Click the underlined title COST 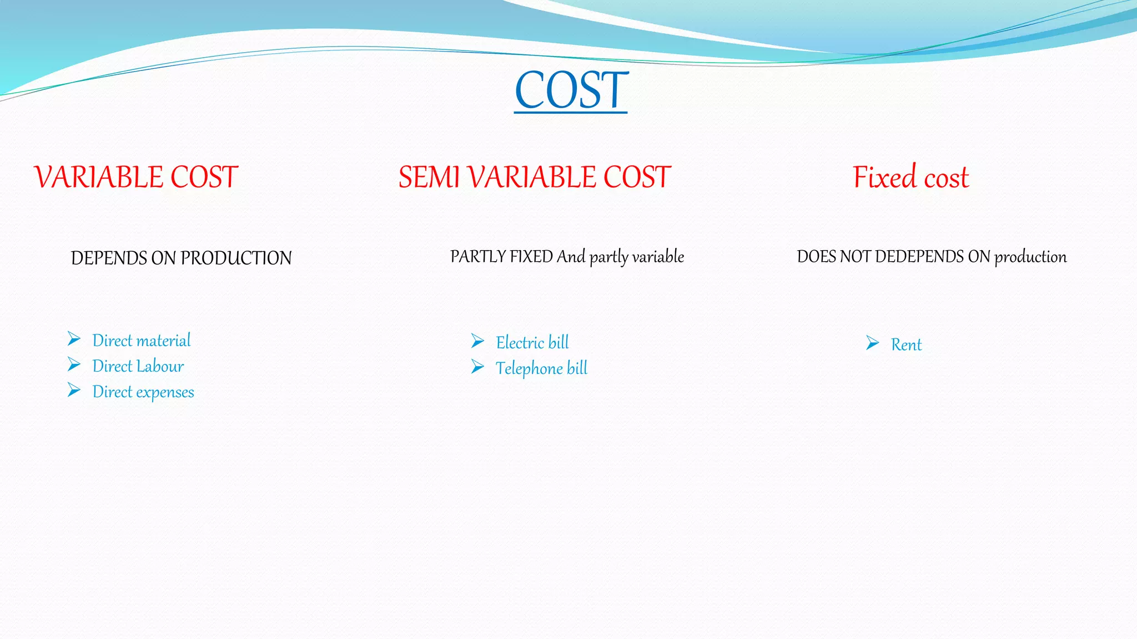click(x=571, y=90)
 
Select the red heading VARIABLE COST click(x=136, y=177)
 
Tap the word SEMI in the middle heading click(x=429, y=177)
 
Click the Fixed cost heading click(x=910, y=177)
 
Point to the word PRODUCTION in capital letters click(x=236, y=258)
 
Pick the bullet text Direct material click(x=141, y=340)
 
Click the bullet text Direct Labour click(x=138, y=366)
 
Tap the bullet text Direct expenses click(x=143, y=392)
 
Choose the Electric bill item click(x=532, y=342)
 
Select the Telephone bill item click(x=541, y=368)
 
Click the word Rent click(x=906, y=344)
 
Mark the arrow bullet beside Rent click(x=872, y=343)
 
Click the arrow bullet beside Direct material click(x=74, y=338)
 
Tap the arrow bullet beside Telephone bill click(x=477, y=367)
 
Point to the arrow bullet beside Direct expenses click(x=74, y=390)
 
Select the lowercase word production click(x=1030, y=256)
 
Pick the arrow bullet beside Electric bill click(x=477, y=341)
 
